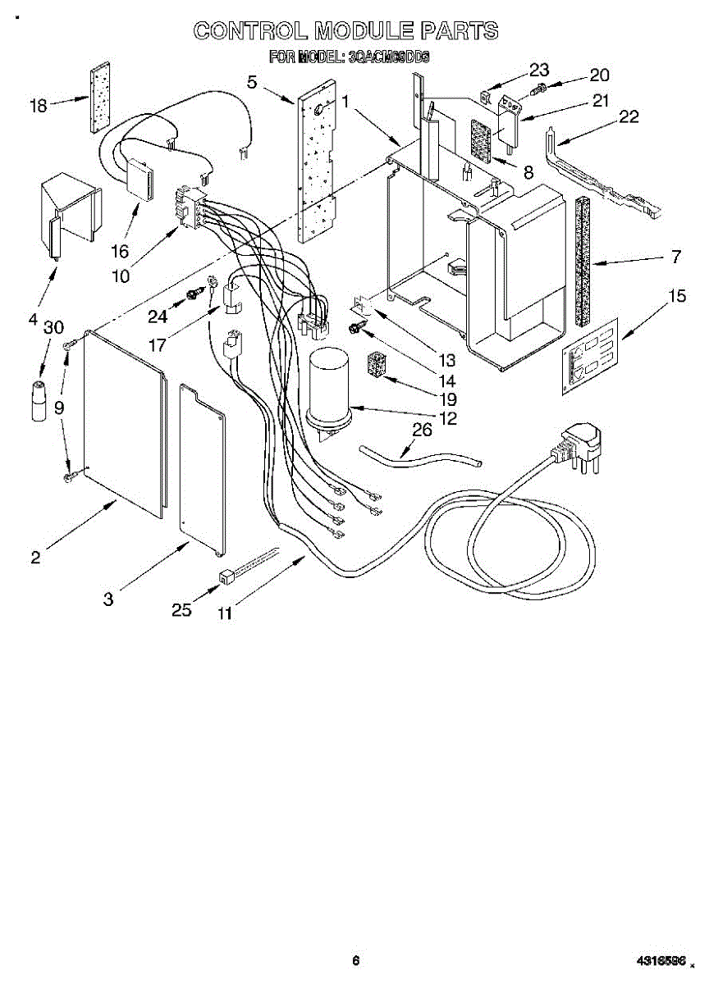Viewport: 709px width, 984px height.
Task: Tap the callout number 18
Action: click(x=39, y=105)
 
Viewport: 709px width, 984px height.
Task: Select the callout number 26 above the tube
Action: click(x=421, y=430)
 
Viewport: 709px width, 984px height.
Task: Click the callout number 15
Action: click(x=676, y=296)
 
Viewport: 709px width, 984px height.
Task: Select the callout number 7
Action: click(x=675, y=257)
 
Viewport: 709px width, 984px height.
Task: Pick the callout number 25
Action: click(x=181, y=609)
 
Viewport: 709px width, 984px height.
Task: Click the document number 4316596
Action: click(x=659, y=960)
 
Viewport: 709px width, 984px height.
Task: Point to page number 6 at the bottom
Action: click(x=355, y=960)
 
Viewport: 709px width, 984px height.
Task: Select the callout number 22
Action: click(x=628, y=116)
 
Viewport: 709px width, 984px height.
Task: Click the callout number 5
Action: click(x=252, y=81)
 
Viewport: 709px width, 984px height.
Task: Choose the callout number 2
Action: click(x=35, y=558)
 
